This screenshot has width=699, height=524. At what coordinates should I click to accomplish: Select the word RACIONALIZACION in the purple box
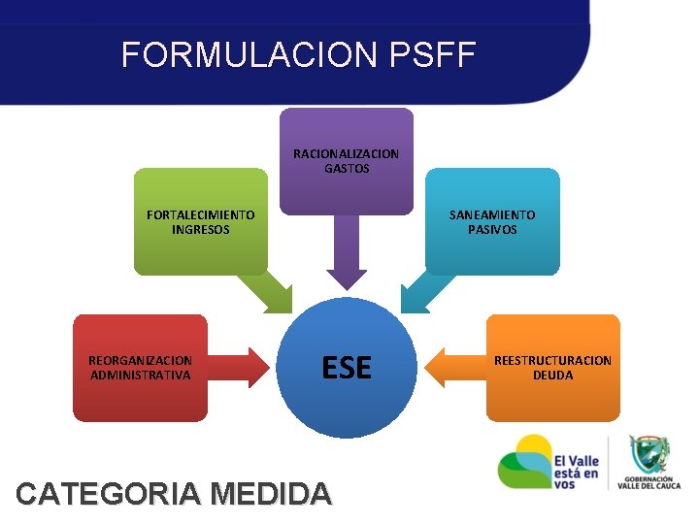[346, 153]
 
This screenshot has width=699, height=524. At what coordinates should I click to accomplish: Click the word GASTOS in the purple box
[347, 168]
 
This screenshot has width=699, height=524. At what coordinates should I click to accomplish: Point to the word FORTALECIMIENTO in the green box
[201, 214]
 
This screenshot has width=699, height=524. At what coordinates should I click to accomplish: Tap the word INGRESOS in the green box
[201, 230]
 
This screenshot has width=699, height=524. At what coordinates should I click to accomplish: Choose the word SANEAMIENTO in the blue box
[492, 214]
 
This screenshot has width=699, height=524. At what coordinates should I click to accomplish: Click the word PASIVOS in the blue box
[492, 230]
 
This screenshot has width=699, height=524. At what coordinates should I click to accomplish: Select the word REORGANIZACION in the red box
[141, 360]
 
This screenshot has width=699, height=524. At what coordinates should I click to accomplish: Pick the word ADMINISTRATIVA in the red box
[141, 375]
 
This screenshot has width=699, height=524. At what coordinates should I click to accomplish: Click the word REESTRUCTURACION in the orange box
[552, 360]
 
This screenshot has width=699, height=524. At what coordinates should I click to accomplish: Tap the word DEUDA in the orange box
[552, 375]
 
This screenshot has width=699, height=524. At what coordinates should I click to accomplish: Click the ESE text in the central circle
[347, 368]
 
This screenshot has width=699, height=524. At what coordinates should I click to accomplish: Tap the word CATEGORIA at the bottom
[109, 494]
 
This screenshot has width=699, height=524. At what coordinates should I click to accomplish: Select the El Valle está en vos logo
[549, 462]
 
